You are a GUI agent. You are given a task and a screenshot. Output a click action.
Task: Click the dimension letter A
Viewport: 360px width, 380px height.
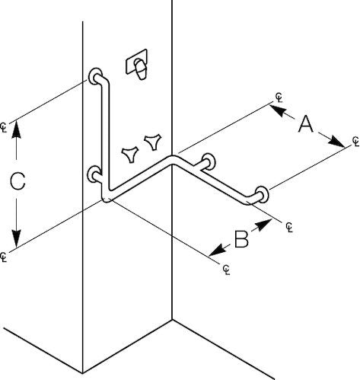[x=305, y=124]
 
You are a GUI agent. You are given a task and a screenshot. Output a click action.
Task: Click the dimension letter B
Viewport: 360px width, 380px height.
[x=241, y=239]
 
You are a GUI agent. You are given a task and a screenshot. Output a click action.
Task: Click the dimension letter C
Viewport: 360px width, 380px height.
[x=18, y=181]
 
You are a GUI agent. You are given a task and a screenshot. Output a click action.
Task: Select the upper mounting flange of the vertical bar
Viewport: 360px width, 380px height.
[x=95, y=76]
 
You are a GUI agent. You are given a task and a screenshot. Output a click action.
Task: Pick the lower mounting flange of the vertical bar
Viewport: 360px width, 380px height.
[x=94, y=174]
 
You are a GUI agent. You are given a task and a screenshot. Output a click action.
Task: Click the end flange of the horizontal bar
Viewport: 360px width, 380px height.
[x=262, y=194]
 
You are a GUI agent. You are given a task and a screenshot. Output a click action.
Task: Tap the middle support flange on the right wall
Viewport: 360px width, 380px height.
[x=209, y=161]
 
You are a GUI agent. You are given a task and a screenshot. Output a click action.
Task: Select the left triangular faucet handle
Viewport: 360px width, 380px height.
[x=130, y=155]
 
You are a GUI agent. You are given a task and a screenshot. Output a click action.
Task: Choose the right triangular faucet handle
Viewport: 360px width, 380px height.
[x=153, y=142]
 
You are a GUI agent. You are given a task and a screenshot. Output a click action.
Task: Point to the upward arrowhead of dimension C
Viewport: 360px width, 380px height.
[x=17, y=129]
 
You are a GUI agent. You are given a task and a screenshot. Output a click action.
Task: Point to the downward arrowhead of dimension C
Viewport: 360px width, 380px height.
[x=17, y=238]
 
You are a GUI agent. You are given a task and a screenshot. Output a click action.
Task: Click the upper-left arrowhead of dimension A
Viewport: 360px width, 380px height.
[x=278, y=110]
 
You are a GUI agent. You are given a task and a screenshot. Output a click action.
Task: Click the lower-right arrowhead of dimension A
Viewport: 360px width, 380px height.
[x=336, y=142]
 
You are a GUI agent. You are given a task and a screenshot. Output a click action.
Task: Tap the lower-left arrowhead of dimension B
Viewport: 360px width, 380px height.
[x=218, y=251]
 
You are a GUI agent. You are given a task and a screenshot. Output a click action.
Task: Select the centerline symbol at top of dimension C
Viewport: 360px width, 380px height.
[x=3, y=127]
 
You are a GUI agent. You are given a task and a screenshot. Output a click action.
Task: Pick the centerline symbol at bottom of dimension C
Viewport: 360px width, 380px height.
[x=3, y=257]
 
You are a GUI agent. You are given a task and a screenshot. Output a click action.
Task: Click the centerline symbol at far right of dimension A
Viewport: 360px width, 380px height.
[x=355, y=141]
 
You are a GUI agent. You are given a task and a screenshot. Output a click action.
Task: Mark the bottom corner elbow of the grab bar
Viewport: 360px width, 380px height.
[x=107, y=196]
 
